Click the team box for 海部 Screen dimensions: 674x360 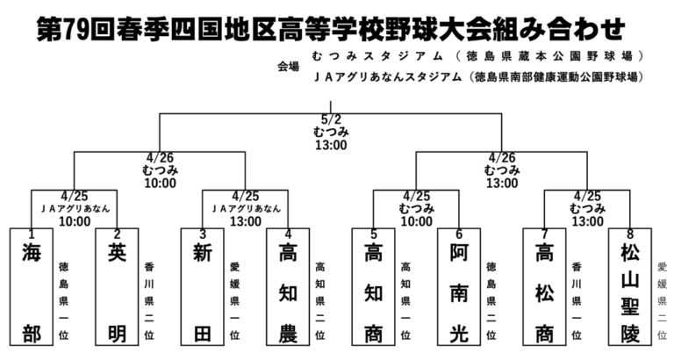32,287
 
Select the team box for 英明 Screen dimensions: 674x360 117,287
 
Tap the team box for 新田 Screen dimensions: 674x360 203,287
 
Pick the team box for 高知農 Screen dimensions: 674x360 288,287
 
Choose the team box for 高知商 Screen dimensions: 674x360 374,287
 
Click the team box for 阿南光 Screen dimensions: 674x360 459,287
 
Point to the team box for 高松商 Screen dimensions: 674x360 545,287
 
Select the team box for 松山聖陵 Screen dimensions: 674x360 630,287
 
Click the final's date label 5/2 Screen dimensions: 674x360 331,119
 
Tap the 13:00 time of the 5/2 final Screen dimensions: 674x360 331,145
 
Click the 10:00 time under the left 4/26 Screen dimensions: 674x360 160,184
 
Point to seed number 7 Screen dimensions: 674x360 545,234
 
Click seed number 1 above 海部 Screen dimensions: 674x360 32,234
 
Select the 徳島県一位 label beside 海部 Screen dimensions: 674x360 63,301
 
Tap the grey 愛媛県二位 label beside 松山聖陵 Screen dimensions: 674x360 663,301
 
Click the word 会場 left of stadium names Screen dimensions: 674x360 288,67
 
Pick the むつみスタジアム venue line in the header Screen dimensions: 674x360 478,56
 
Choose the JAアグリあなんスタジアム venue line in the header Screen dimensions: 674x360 478,77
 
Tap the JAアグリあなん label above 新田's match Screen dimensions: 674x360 246,209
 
